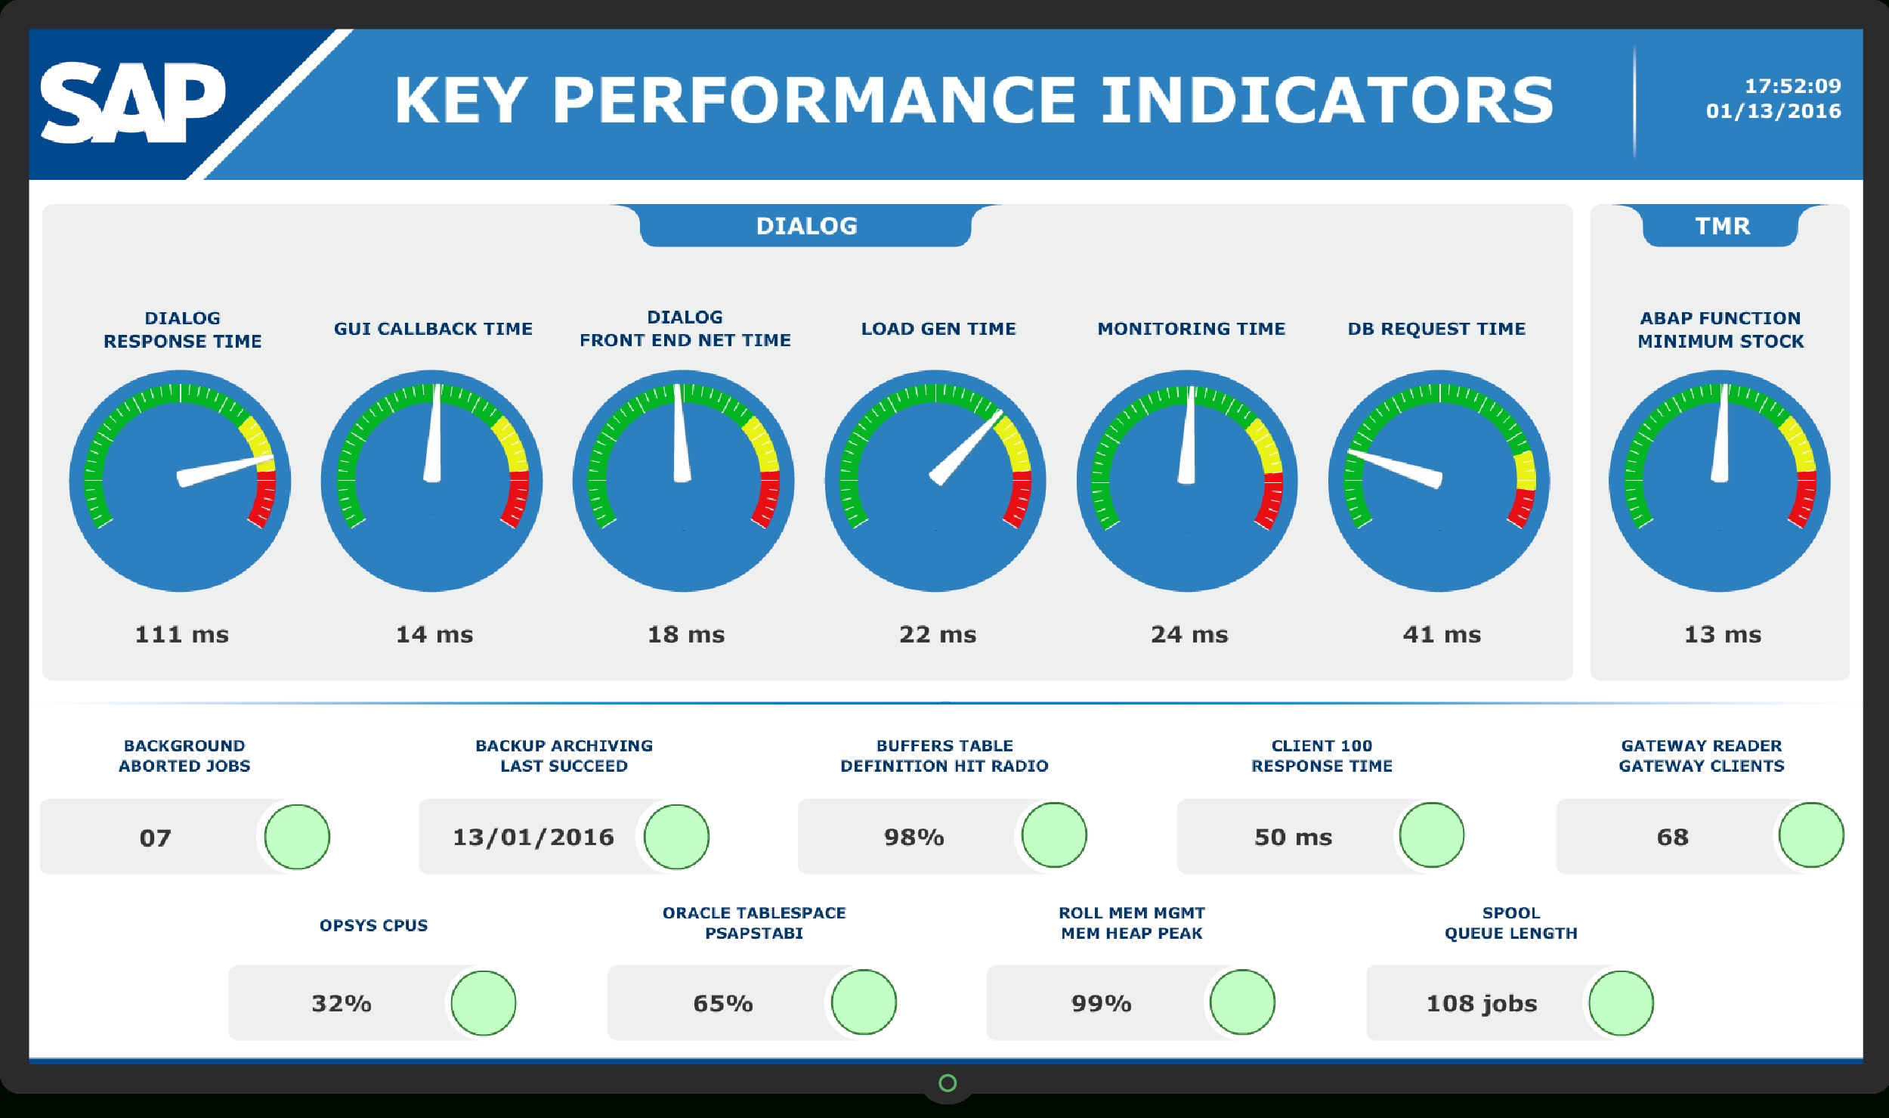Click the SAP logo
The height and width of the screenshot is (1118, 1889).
coord(132,102)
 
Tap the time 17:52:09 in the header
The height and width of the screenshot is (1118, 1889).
coord(1792,86)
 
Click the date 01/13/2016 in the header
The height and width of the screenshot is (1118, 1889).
coord(1773,111)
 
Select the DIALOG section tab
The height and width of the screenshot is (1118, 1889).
coord(806,225)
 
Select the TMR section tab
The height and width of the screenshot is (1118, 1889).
coord(1722,225)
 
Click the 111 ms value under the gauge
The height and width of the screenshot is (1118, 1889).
coord(181,633)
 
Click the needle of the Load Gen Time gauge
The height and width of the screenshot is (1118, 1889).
coord(967,448)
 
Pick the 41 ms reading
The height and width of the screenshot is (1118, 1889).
coord(1442,633)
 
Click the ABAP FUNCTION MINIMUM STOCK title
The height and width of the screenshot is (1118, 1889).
coord(1721,329)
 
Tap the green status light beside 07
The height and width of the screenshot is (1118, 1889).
coord(297,837)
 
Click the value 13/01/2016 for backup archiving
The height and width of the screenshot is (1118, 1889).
coord(533,837)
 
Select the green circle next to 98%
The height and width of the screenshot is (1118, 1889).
coord(1054,835)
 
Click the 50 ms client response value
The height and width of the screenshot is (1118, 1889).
coord(1293,837)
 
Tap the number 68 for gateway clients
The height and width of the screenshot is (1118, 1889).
coord(1672,837)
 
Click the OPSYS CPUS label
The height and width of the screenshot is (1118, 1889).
coord(373,925)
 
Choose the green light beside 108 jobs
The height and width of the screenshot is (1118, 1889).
coord(1621,1003)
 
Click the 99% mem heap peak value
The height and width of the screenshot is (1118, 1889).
coord(1101,1003)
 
